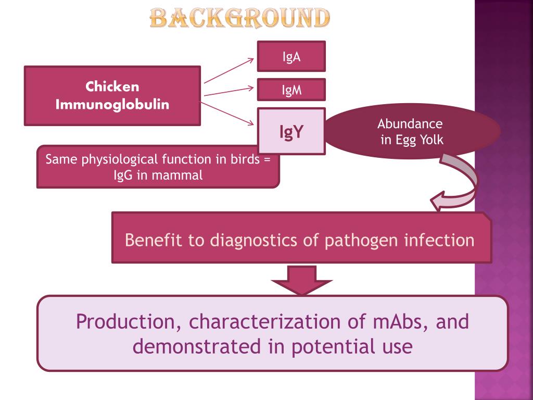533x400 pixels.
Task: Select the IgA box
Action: [291, 56]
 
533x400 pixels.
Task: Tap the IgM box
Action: [291, 90]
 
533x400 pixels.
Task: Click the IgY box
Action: [291, 131]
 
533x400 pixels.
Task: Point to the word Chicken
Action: [112, 86]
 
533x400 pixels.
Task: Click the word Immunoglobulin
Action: [112, 104]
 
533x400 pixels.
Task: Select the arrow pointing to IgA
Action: [229, 70]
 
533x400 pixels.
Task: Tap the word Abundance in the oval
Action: [410, 124]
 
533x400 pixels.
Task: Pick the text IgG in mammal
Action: [158, 175]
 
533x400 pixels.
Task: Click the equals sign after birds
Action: [267, 159]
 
